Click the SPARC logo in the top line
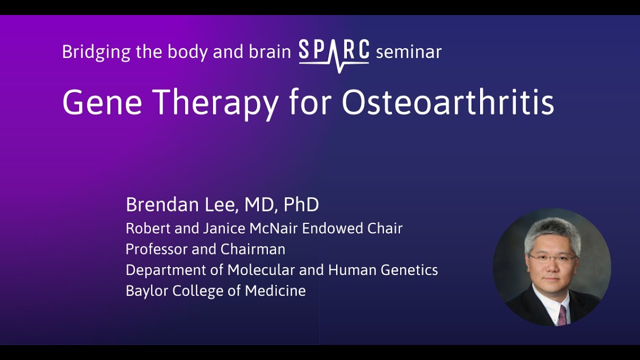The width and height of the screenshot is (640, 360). click(x=334, y=53)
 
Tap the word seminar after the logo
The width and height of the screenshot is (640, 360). click(x=408, y=52)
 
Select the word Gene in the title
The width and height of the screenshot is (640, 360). click(x=102, y=103)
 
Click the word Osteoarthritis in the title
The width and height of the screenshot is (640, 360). click(x=447, y=103)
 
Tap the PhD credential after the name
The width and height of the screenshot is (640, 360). click(x=301, y=205)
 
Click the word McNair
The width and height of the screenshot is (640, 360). click(x=273, y=228)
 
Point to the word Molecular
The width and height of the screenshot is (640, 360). click(x=260, y=270)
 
